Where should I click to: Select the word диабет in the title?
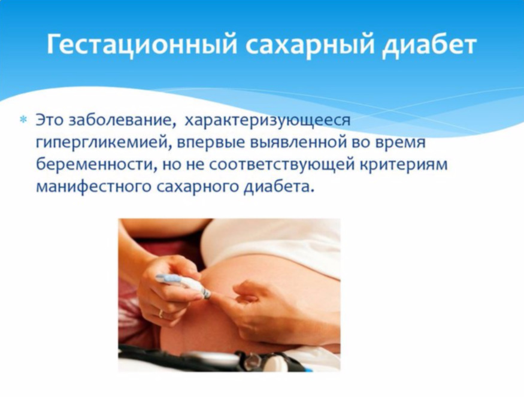(x=429, y=44)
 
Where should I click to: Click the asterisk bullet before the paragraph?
(x=24, y=119)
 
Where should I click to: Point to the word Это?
(x=50, y=120)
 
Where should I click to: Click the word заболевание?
(x=122, y=120)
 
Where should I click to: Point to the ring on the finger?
(x=161, y=313)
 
